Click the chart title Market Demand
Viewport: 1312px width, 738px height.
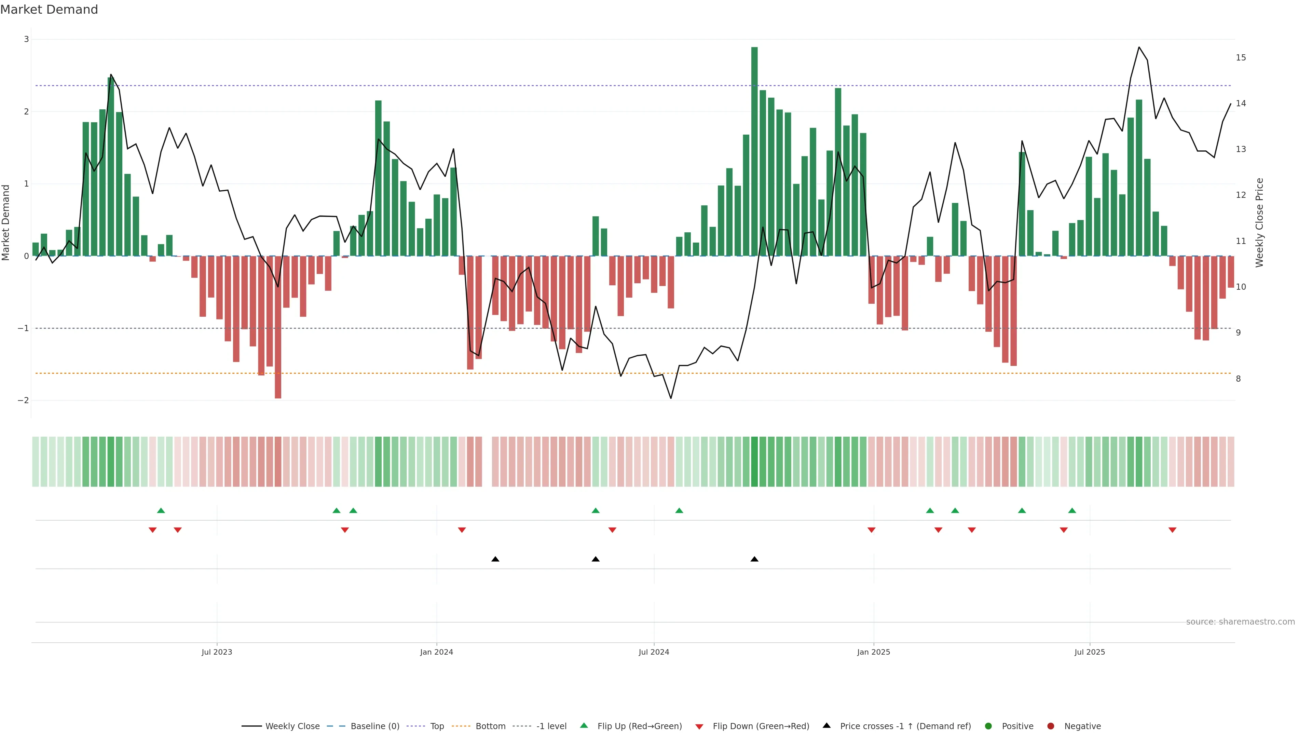click(49, 10)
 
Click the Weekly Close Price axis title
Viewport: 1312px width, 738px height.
click(1259, 222)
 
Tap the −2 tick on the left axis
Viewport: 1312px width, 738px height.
click(24, 400)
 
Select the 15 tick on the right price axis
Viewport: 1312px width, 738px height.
click(1241, 57)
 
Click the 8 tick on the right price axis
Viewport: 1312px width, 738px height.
click(1238, 379)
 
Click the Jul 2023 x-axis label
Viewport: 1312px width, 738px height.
click(217, 652)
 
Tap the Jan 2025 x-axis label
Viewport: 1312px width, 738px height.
click(874, 652)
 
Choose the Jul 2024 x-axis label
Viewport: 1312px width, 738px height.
click(654, 652)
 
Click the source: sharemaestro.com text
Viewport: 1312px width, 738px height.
click(1240, 622)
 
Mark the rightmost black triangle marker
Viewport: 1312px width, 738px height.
click(754, 559)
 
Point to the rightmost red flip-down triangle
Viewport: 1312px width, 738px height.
click(1173, 530)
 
